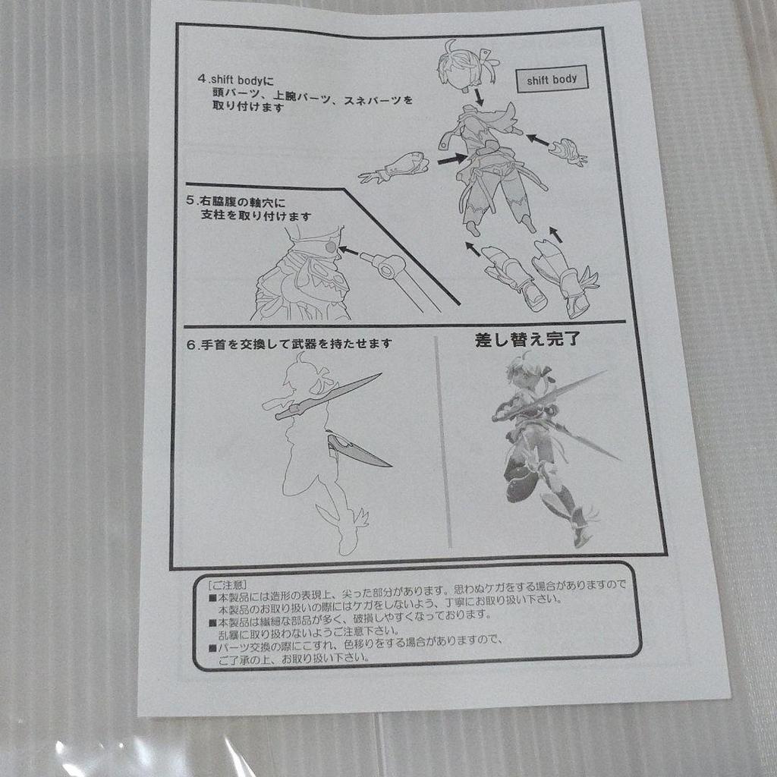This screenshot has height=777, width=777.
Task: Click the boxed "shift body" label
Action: [552, 80]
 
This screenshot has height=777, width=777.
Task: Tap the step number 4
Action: [201, 78]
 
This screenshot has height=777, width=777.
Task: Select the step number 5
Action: [190, 202]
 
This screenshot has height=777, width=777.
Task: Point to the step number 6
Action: [190, 344]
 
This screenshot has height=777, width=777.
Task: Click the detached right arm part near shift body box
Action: [568, 151]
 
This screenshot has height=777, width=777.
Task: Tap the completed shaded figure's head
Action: [526, 373]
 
